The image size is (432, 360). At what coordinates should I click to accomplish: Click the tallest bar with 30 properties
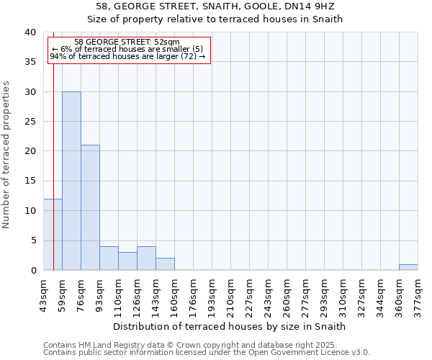71,181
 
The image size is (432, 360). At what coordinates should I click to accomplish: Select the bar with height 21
90,207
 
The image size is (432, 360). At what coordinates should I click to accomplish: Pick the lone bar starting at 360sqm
408,267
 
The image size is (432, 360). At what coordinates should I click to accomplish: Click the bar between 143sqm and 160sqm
165,264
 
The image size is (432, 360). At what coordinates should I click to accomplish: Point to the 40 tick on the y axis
30,32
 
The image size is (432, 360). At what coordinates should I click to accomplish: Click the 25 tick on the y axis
30,122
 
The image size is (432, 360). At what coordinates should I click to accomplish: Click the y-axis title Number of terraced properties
6,155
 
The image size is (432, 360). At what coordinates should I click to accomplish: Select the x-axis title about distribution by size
230,326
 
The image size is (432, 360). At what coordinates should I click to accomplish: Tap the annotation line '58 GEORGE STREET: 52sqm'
127,42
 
